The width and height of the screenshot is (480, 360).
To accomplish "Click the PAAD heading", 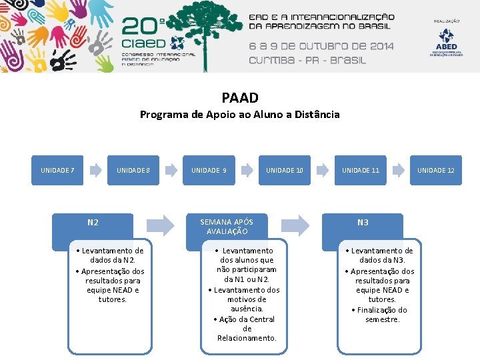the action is click(239, 99).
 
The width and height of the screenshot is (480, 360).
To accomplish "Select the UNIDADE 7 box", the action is click(57, 171).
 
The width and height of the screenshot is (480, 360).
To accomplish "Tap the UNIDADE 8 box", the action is click(133, 171).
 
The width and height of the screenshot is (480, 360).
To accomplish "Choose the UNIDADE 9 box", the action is click(209, 171).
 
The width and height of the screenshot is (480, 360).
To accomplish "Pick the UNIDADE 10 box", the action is click(285, 171).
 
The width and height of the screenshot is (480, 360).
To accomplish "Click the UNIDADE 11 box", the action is click(361, 171).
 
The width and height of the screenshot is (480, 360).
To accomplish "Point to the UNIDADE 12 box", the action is click(436, 171).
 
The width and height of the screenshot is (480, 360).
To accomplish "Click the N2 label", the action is click(93, 223).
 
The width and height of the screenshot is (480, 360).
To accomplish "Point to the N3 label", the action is click(363, 223).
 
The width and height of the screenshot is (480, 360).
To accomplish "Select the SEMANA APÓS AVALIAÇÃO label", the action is click(227, 227).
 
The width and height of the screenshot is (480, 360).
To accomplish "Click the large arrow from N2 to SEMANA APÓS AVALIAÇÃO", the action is click(160, 224).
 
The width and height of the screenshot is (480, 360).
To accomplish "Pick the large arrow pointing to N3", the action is click(295, 224).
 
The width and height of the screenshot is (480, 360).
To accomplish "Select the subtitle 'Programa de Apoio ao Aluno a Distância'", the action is click(239, 115).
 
